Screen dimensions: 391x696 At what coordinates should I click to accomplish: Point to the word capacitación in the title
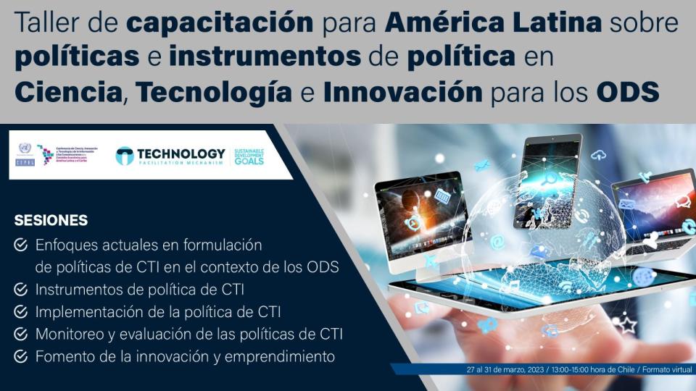[220, 24]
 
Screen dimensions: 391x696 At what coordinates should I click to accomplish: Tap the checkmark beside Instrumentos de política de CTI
[21, 290]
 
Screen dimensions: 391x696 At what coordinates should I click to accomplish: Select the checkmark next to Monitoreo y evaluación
[21, 335]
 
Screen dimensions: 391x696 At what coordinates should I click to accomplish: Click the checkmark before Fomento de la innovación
[21, 357]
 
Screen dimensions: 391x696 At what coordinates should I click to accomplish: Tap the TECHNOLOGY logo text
[181, 154]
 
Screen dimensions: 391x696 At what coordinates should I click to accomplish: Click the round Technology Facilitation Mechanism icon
[125, 156]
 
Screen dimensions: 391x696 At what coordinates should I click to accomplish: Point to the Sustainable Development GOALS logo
[249, 156]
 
